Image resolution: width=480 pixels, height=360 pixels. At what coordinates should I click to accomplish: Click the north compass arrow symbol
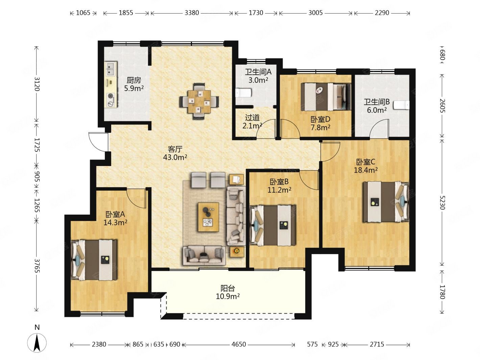[37, 343]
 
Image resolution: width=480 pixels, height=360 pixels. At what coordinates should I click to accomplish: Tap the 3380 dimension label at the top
[192, 13]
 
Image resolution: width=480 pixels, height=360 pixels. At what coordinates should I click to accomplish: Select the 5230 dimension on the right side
[442, 202]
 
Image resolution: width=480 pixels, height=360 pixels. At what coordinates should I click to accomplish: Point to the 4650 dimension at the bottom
[239, 344]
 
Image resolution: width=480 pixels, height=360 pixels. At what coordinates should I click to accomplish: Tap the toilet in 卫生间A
[243, 93]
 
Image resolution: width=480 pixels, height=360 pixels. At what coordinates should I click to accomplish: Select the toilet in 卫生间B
[401, 105]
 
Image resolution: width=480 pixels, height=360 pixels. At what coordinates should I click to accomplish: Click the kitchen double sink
[112, 68]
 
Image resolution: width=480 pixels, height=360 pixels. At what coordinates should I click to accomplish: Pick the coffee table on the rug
[209, 217]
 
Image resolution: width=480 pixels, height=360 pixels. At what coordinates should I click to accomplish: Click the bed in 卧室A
[94, 260]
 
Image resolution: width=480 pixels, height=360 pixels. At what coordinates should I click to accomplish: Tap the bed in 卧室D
[326, 96]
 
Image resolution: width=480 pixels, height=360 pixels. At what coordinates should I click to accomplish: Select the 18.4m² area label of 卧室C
[366, 170]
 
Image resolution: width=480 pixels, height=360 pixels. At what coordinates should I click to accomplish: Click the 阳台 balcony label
[227, 288]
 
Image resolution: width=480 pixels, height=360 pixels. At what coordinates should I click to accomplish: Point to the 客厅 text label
[175, 149]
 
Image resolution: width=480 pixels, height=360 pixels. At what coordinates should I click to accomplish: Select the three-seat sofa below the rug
[204, 256]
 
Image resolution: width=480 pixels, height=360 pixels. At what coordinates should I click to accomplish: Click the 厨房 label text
[134, 80]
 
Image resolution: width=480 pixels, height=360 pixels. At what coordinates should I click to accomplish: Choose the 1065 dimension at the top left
[83, 13]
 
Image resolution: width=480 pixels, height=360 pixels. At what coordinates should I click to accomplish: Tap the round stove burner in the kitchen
[110, 96]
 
